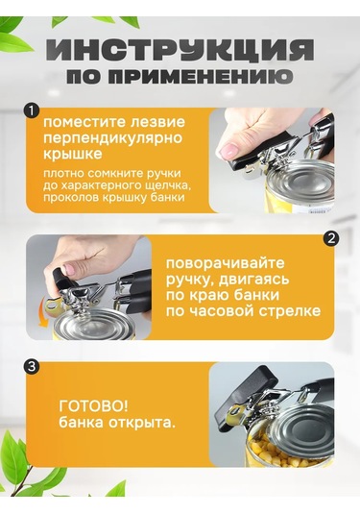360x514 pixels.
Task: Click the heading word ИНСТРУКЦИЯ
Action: point(180,50)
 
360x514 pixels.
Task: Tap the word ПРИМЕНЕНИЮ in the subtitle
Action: point(200,76)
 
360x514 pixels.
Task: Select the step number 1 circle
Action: point(32,111)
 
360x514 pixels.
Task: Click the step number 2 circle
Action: point(331,238)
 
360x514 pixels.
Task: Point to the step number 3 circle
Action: point(32,366)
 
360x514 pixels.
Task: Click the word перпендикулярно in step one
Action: point(113,138)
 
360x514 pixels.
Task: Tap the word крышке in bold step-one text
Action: point(73,154)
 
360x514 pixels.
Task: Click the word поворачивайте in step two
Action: point(226,263)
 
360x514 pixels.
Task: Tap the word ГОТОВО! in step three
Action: point(93,407)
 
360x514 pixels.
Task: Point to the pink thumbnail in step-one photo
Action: point(229,151)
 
